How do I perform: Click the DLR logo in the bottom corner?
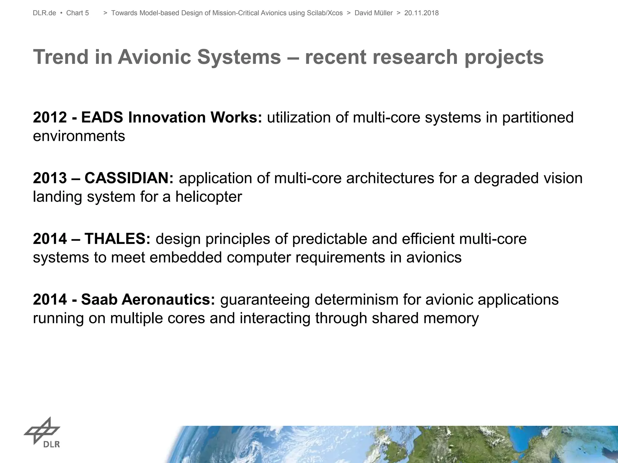pos(43,432)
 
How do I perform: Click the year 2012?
pos(49,117)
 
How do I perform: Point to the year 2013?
pos(49,178)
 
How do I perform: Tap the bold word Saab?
pos(99,300)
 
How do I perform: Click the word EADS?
pos(102,117)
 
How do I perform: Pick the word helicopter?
pos(209,197)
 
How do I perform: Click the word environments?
pos(79,136)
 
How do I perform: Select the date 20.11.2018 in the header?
pos(421,13)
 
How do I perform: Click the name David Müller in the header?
pos(373,13)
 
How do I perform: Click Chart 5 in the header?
pos(78,13)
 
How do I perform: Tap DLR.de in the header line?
pos(44,13)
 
